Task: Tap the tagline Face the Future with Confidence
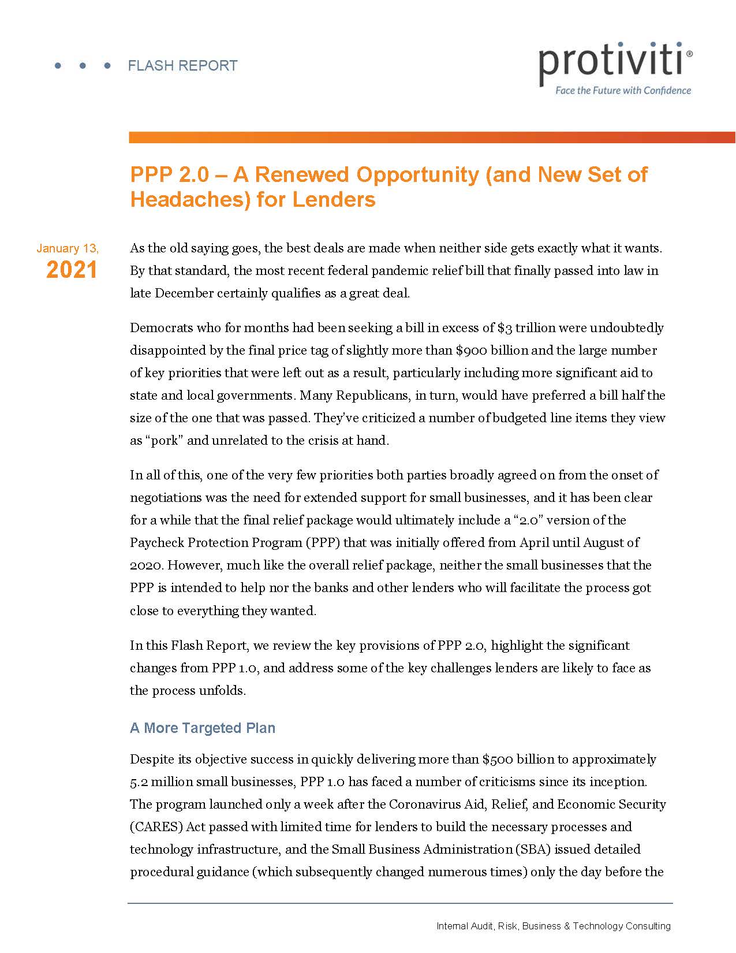tap(623, 90)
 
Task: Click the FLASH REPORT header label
tap(182, 66)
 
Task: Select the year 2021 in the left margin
tap(72, 270)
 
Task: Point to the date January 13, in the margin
tap(68, 248)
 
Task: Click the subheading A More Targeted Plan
tap(203, 728)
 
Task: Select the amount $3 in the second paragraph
tap(505, 328)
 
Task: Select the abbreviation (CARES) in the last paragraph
tap(156, 827)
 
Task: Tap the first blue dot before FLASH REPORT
tap(58, 66)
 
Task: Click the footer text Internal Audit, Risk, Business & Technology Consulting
tap(554, 926)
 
